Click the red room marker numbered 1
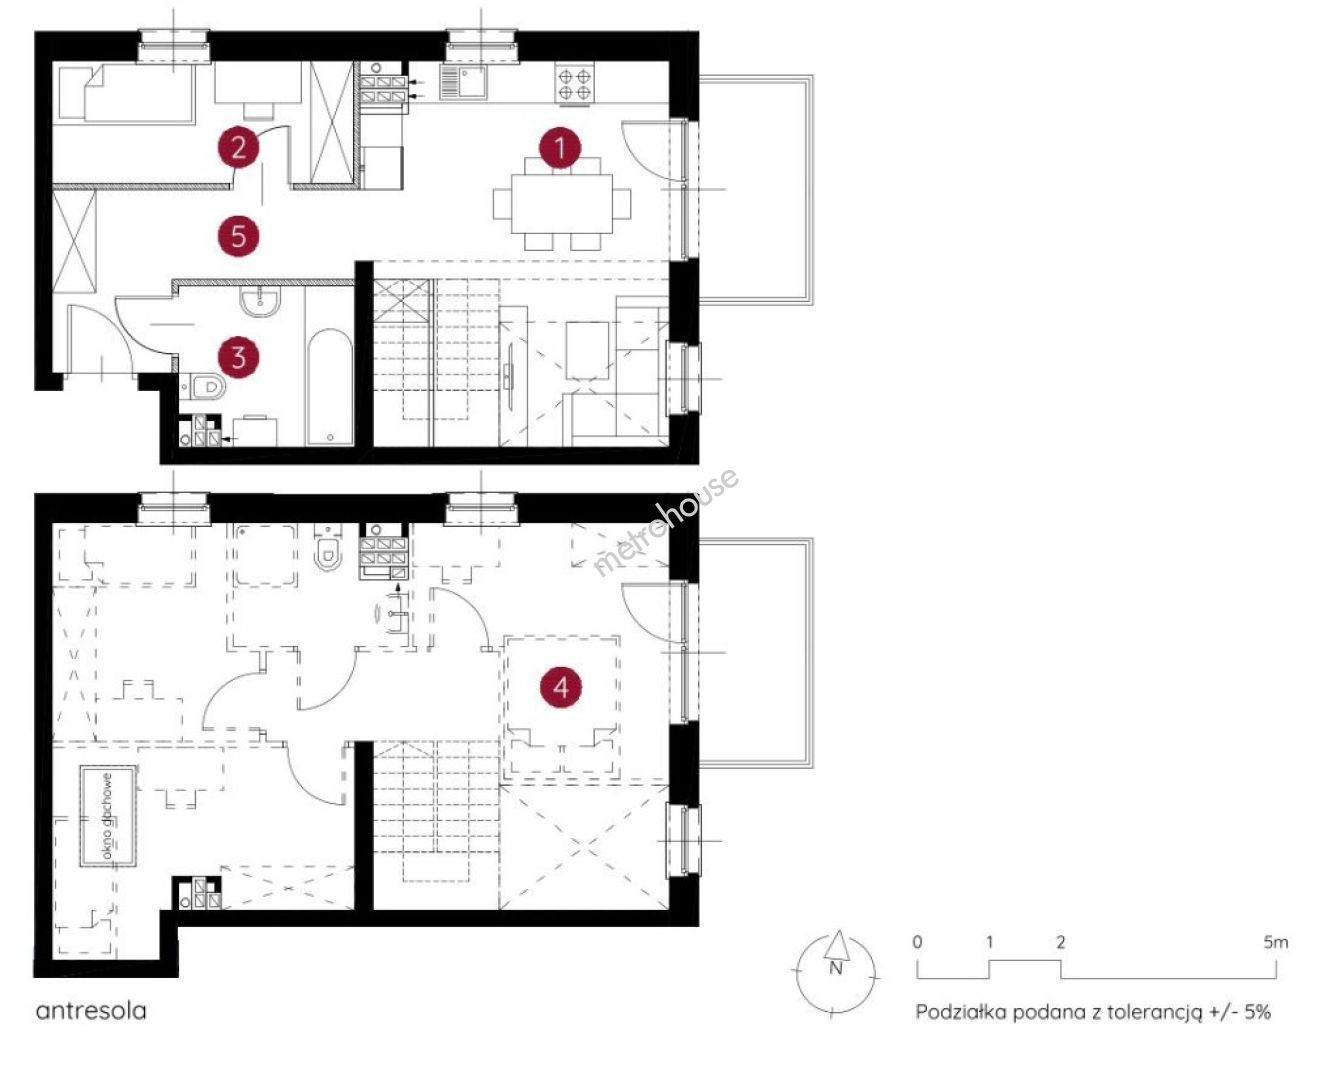click(560, 148)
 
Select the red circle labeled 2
click(238, 148)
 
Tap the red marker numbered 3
click(238, 358)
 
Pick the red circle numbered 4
click(561, 688)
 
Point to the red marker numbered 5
click(238, 236)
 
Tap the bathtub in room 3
click(329, 387)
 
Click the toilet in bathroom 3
click(202, 387)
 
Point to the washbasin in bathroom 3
click(260, 300)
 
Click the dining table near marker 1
click(562, 204)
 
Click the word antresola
click(91, 1010)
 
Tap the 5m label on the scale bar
click(1276, 942)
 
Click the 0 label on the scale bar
click(917, 942)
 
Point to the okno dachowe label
click(107, 817)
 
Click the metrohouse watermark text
click(665, 522)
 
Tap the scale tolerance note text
click(1093, 1012)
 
